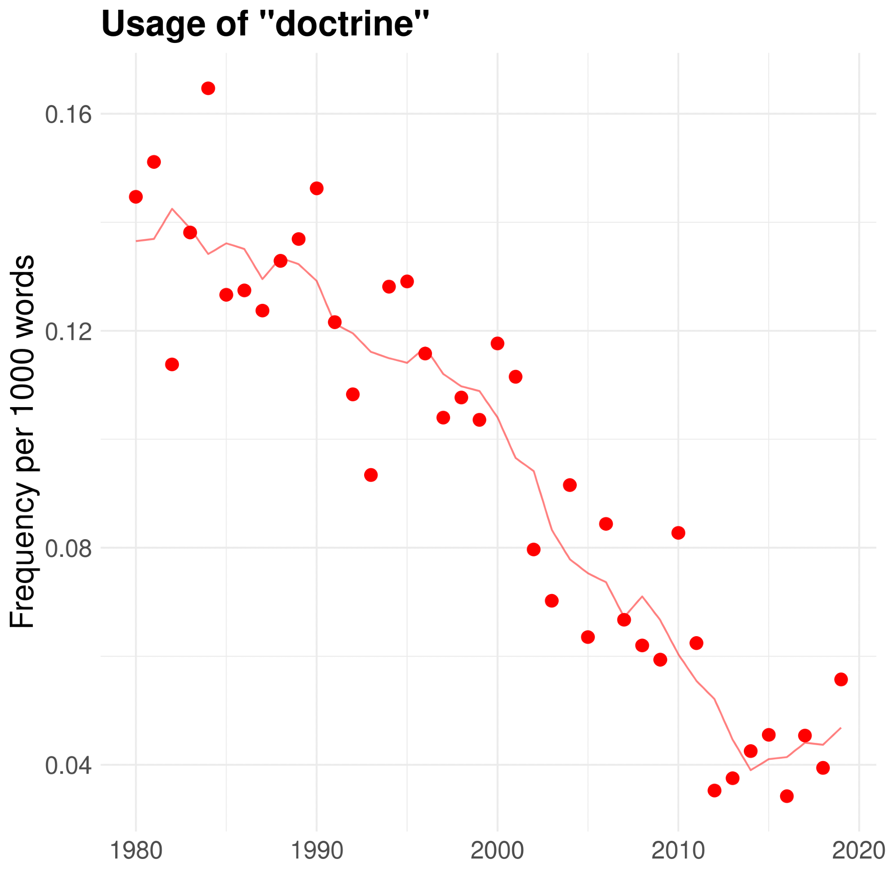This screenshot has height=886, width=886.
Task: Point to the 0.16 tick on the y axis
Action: (x=68, y=114)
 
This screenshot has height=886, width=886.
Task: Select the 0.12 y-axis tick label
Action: (x=68, y=331)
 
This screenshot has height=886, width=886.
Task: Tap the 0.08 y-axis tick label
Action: (x=68, y=548)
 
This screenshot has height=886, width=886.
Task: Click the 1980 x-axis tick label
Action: (x=136, y=851)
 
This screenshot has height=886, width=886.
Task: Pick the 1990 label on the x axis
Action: (x=317, y=851)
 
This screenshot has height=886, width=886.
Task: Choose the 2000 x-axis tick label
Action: (x=497, y=851)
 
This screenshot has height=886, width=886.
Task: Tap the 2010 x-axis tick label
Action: (x=678, y=851)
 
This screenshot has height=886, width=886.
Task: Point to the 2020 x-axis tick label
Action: (x=858, y=851)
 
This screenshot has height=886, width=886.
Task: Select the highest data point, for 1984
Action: (x=208, y=89)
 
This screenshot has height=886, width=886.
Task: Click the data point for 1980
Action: (x=136, y=197)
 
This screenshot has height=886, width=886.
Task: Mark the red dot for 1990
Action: (x=316, y=188)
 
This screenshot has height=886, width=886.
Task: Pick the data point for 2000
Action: (x=497, y=343)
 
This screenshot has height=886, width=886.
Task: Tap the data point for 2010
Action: (x=678, y=533)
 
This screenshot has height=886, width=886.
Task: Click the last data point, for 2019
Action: (x=841, y=679)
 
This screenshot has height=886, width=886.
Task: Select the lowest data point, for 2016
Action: (x=787, y=796)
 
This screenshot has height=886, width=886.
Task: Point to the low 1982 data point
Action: (x=172, y=365)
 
